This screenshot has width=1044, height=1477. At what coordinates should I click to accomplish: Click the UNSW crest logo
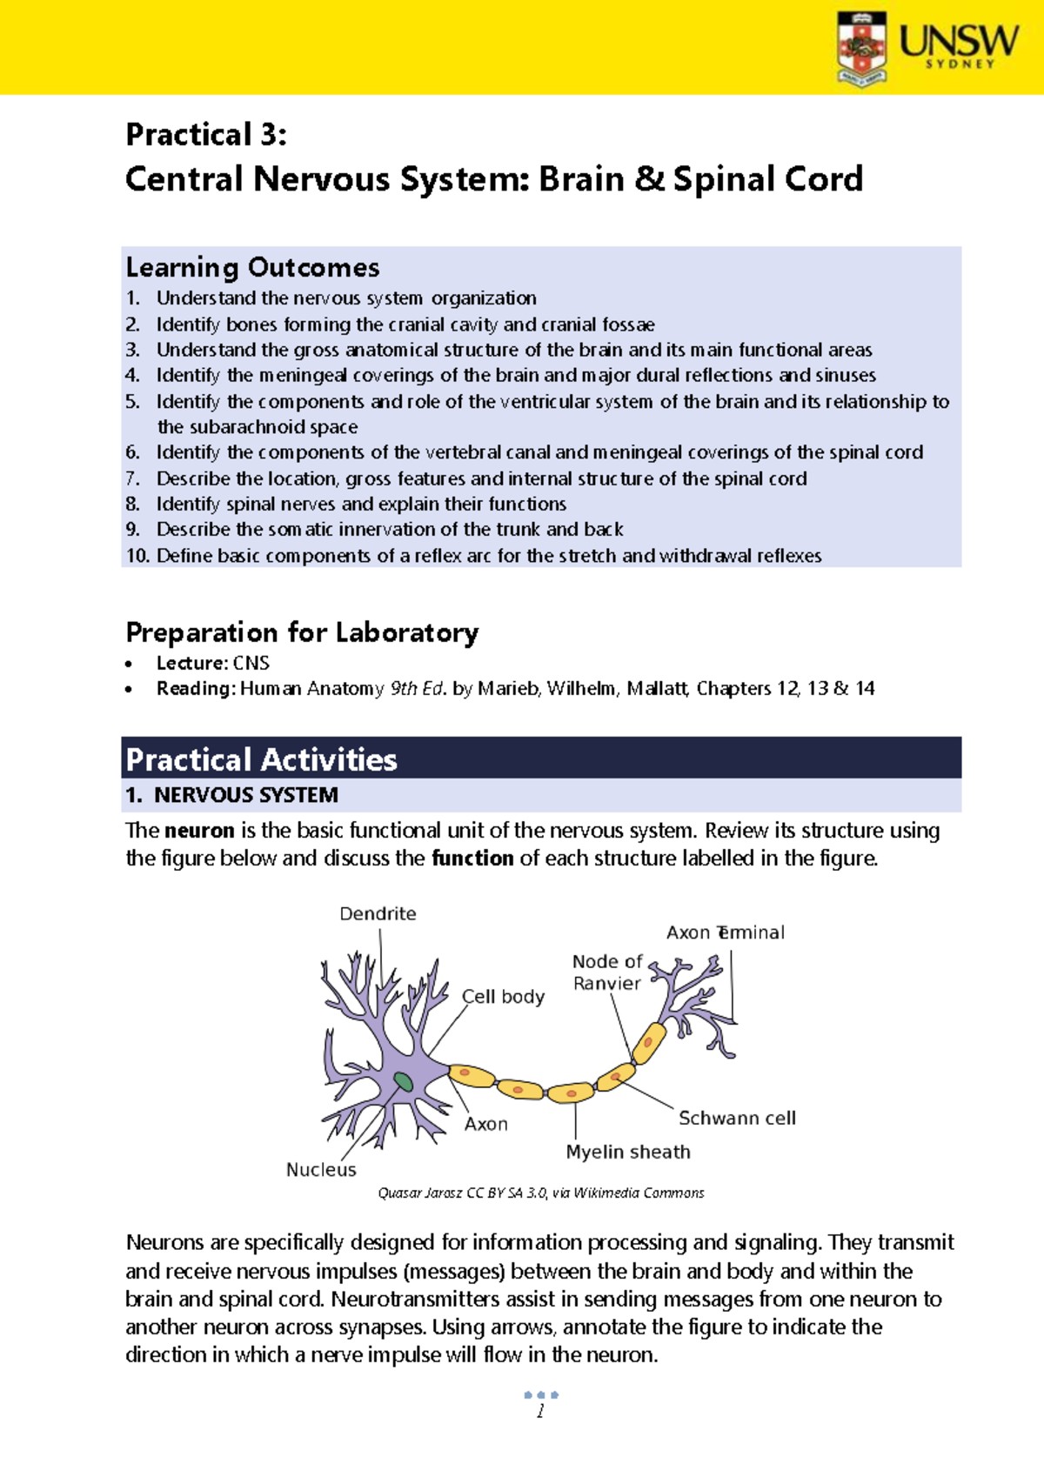861,48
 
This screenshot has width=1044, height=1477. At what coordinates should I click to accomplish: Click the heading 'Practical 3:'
206,135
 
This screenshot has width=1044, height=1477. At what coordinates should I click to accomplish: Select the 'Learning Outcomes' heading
252,267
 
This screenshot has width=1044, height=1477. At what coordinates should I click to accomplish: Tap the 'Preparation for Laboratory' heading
302,632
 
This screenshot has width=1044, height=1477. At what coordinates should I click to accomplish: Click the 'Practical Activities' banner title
261,759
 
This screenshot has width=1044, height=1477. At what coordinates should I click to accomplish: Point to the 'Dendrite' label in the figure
378,913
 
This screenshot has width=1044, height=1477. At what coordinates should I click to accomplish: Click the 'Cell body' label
503,997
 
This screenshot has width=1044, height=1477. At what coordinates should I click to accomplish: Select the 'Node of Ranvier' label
606,972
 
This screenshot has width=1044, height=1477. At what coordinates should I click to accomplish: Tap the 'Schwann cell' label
737,1119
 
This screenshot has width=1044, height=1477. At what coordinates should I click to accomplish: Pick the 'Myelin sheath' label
628,1152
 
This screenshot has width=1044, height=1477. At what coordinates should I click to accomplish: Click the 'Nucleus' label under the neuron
321,1170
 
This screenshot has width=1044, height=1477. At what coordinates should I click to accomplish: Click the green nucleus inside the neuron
403,1081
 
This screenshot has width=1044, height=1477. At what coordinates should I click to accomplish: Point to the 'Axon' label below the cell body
485,1124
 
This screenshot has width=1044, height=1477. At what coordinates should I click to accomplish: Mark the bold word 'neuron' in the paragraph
199,831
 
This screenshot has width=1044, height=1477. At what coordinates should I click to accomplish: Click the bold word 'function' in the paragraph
472,859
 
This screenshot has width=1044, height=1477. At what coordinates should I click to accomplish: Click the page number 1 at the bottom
540,1411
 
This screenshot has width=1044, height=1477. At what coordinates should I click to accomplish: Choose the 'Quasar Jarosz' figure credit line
540,1193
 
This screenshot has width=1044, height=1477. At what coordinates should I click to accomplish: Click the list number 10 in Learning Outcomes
137,556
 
